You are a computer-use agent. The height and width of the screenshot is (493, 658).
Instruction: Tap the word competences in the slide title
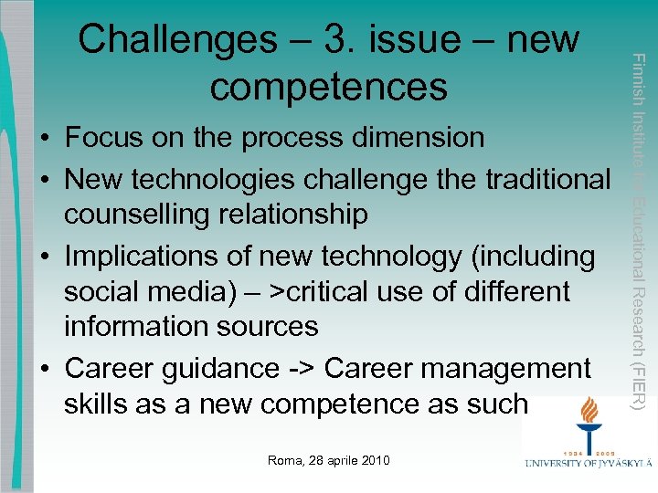[328, 87]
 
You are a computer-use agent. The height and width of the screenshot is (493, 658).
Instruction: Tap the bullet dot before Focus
[44, 140]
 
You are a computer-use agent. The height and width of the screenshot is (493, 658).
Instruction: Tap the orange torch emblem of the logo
[589, 415]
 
